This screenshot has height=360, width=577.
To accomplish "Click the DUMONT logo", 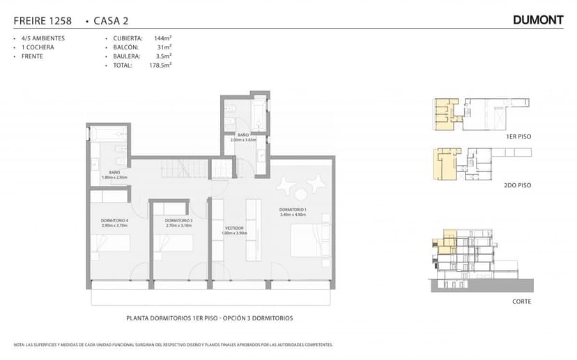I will (x=537, y=20).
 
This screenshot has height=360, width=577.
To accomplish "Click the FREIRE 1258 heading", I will (x=43, y=21).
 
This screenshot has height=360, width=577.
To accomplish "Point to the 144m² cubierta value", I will (x=162, y=38).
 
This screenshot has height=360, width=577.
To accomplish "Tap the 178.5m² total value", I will (x=160, y=65).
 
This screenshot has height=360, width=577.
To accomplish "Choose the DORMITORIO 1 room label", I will (x=293, y=212).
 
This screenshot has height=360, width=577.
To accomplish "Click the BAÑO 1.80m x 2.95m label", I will (x=114, y=175).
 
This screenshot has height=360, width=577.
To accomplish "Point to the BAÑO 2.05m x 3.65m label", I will (x=243, y=137).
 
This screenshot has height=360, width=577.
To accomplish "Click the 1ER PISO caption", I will (x=518, y=137).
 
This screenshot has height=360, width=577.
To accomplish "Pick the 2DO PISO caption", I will (x=518, y=187).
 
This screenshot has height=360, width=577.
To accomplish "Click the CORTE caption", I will (x=521, y=302).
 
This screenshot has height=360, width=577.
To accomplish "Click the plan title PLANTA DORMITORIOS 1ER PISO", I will (x=209, y=318).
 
